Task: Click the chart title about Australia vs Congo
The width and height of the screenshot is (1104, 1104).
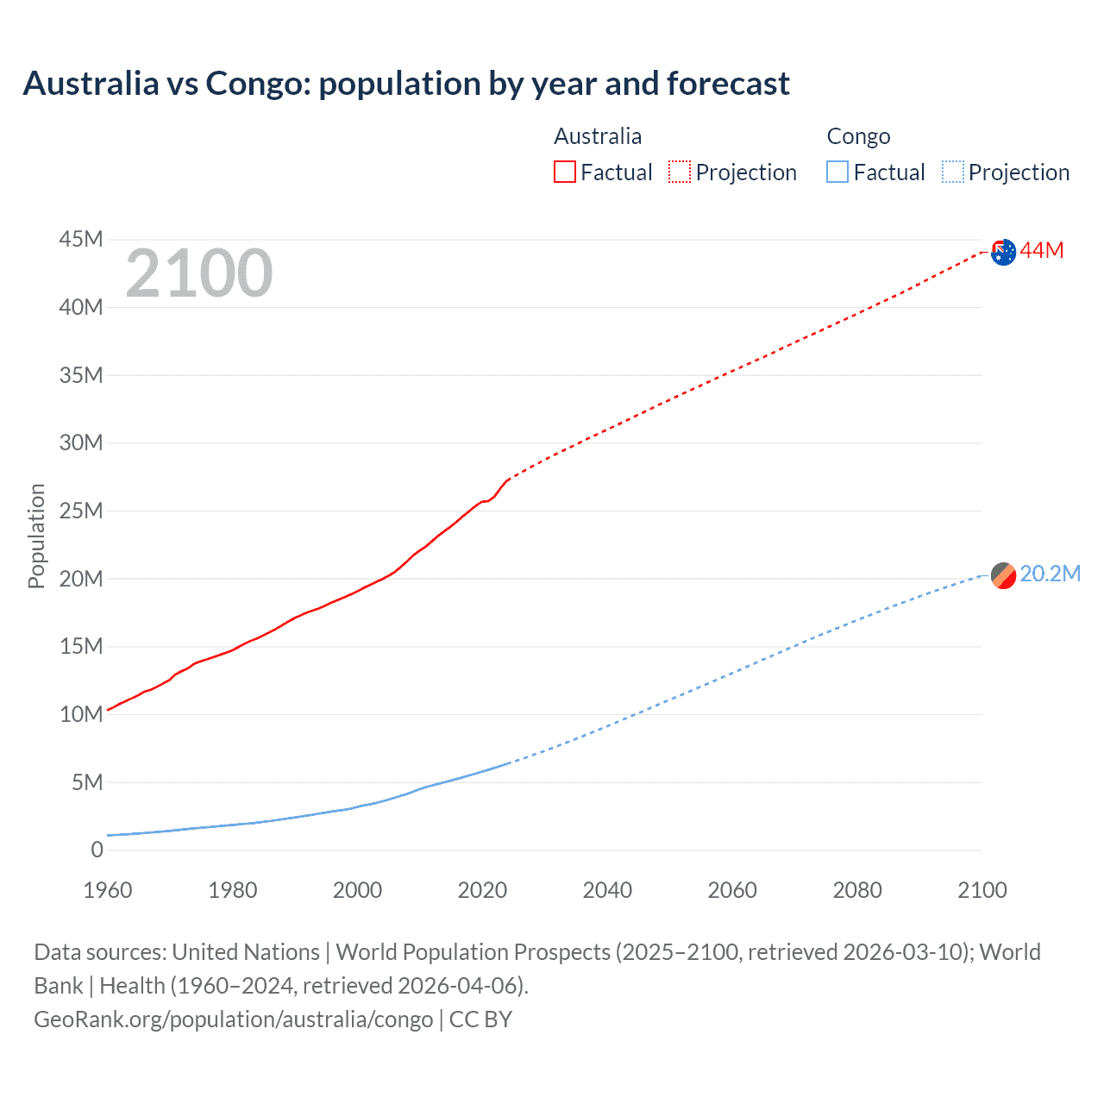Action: (x=405, y=84)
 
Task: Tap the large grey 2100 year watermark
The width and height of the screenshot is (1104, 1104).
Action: (x=199, y=273)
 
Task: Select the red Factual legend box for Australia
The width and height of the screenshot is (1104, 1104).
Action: (x=564, y=172)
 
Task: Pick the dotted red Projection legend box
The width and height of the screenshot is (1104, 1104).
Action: (x=680, y=172)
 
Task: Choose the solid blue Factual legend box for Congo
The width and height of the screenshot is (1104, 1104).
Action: (x=837, y=172)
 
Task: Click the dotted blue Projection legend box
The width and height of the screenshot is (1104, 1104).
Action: (x=953, y=172)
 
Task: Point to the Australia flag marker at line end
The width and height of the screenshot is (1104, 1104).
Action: (x=1003, y=252)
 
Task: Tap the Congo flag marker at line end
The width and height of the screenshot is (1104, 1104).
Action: (x=1003, y=575)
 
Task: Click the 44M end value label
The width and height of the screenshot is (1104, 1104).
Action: (x=1042, y=251)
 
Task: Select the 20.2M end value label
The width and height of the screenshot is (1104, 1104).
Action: (x=1050, y=574)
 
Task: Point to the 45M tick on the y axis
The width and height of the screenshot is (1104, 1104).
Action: (x=81, y=239)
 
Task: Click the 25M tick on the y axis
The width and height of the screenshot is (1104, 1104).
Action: (x=81, y=511)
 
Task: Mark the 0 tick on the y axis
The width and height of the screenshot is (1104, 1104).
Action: (x=97, y=850)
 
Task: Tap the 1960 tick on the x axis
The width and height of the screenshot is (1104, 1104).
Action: (x=108, y=890)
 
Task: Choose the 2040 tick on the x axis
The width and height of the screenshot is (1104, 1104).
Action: (x=607, y=890)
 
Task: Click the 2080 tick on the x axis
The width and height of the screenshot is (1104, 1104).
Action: (x=857, y=890)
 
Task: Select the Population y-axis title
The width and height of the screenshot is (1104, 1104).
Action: (x=36, y=536)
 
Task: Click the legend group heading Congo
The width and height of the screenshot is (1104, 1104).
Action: (x=858, y=136)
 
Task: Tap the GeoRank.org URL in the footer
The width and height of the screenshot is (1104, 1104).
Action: (x=233, y=1019)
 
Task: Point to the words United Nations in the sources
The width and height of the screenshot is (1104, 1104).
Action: (x=246, y=952)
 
